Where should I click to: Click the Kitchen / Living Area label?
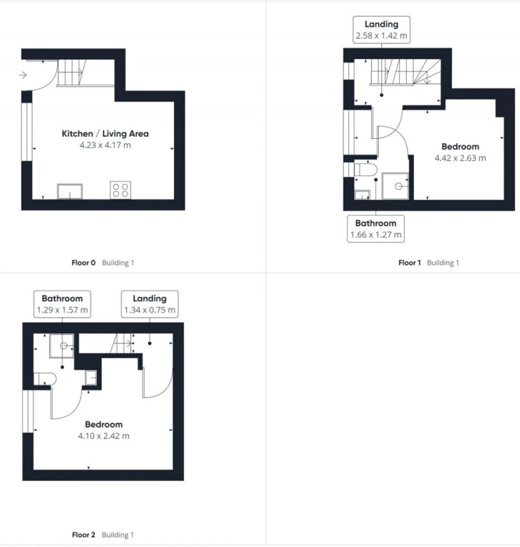click(x=105, y=134)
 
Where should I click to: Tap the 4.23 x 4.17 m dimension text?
click(x=105, y=145)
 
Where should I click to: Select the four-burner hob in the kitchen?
click(x=120, y=190)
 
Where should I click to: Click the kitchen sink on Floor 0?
click(x=70, y=192)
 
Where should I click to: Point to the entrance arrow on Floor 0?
click(x=23, y=75)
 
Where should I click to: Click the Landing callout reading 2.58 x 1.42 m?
click(x=381, y=30)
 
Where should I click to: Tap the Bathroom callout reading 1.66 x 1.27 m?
click(x=376, y=229)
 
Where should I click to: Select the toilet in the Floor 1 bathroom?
click(x=365, y=170)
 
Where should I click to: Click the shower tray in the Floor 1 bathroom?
click(x=395, y=186)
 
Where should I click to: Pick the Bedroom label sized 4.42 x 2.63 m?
click(x=460, y=152)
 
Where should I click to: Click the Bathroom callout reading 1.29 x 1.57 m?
click(x=63, y=304)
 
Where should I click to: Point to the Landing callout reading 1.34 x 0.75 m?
click(x=150, y=304)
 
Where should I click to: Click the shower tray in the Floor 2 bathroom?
click(x=61, y=345)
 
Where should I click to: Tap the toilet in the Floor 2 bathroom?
click(x=45, y=379)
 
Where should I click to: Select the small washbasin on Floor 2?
click(x=91, y=377)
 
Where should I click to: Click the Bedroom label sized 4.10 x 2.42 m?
click(x=104, y=429)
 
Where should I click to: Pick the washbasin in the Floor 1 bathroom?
click(x=362, y=195)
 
